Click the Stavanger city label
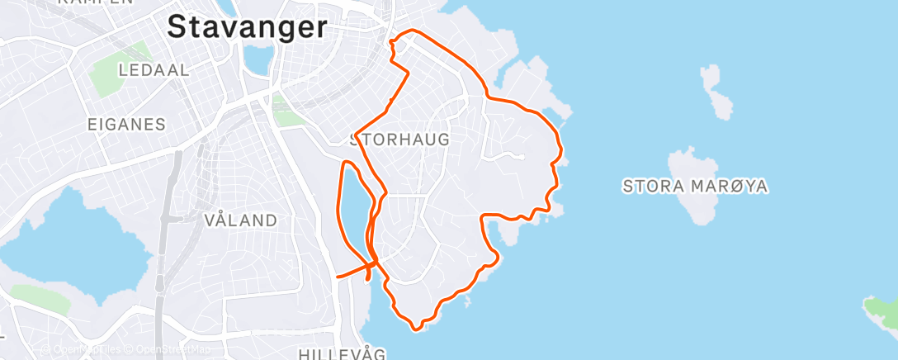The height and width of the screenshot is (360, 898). tap(247, 27)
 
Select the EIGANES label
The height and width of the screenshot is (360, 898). tap(126, 125)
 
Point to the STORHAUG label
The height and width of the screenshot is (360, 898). tap(401, 140)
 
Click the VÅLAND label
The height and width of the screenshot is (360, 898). tap(240, 220)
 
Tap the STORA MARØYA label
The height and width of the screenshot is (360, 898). tap(696, 187)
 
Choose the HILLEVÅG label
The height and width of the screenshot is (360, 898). tap(342, 354)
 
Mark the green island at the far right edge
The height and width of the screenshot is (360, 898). tap(881, 310)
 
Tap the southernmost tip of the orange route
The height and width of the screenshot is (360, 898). tap(416, 329)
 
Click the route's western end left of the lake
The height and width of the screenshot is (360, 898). tap(338, 277)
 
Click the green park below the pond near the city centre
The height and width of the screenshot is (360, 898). tap(288, 116)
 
